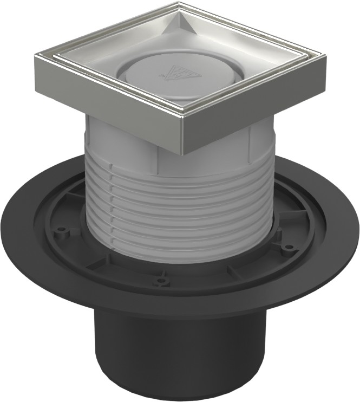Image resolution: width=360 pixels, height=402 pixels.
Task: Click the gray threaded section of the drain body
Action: (x=179, y=217)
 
